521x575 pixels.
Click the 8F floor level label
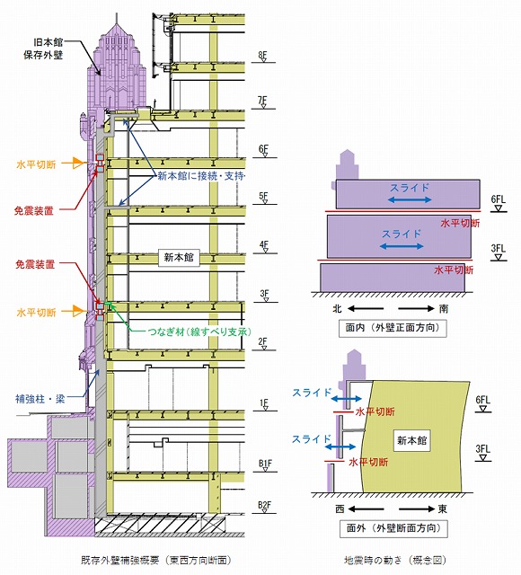click(x=262, y=56)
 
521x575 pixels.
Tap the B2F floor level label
click(x=264, y=506)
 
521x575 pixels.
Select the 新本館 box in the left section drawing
click(x=179, y=258)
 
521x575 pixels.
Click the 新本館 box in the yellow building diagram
click(x=411, y=440)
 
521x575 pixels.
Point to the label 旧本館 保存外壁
click(x=43, y=49)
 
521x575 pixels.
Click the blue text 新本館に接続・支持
click(x=201, y=176)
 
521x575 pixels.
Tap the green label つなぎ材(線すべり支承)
click(x=199, y=332)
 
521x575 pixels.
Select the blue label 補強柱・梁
click(x=40, y=399)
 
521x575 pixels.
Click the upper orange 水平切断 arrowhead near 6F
click(x=79, y=164)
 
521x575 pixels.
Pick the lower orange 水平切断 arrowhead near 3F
click(x=79, y=312)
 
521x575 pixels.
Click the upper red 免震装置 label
click(x=34, y=211)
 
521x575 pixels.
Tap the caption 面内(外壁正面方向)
click(x=393, y=327)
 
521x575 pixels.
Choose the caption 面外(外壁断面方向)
click(x=393, y=528)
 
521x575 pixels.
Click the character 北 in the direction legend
click(x=338, y=309)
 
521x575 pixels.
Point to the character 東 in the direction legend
click(x=443, y=509)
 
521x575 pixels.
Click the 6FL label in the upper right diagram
click(x=498, y=199)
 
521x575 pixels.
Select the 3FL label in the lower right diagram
click(x=483, y=449)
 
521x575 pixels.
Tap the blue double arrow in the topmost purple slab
click(x=410, y=199)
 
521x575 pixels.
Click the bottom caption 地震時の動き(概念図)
click(x=395, y=561)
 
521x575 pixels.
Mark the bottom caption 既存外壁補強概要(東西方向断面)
click(x=156, y=561)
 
